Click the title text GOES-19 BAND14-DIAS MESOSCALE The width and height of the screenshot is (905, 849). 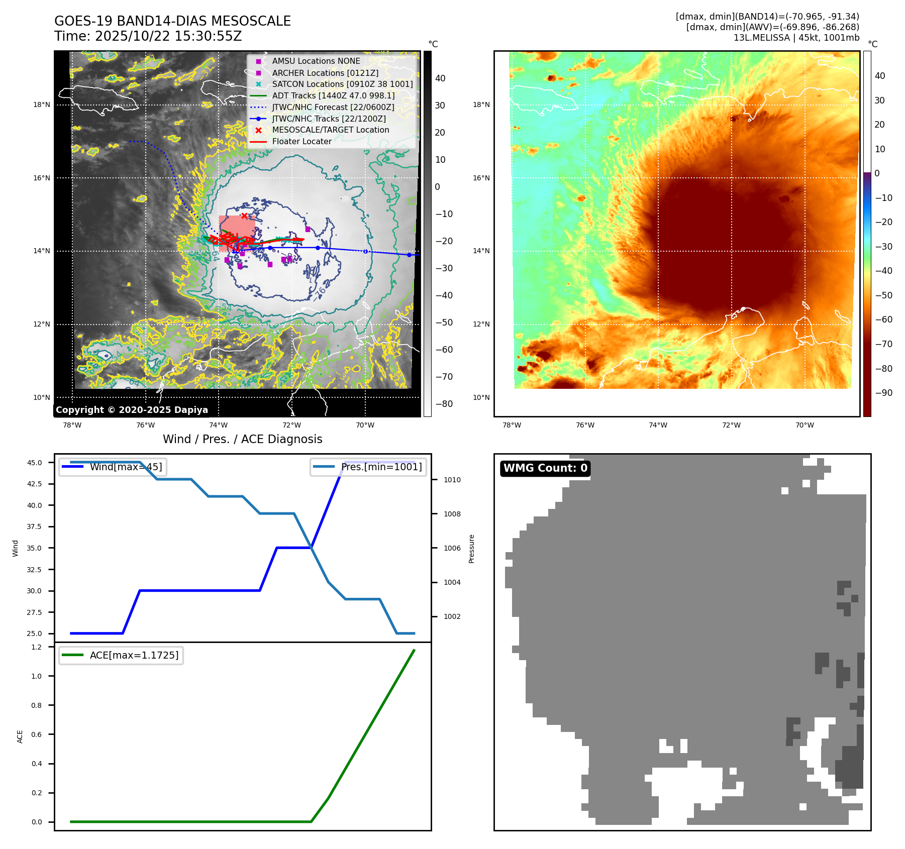172,21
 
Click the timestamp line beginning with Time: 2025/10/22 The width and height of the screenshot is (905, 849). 148,36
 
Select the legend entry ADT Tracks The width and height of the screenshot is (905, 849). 333,95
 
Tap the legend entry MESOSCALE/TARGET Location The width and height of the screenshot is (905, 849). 330,130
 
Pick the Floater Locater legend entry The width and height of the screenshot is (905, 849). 301,141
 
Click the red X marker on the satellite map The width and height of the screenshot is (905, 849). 244,216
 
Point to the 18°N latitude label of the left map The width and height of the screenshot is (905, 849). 42,105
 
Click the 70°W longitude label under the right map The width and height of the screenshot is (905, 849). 805,425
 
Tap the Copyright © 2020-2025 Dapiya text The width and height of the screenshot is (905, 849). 132,410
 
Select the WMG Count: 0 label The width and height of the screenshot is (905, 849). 545,468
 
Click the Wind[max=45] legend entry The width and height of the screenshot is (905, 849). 126,467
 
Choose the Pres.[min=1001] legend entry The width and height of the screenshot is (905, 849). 381,467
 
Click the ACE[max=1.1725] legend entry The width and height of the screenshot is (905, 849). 134,655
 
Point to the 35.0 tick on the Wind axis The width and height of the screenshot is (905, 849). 34,548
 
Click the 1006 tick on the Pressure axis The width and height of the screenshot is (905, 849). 452,548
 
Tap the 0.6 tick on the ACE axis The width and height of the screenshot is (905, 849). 37,734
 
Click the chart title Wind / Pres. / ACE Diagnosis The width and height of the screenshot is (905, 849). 242,439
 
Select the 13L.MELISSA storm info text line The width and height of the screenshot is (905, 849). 796,38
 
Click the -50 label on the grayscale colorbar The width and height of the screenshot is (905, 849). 444,323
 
